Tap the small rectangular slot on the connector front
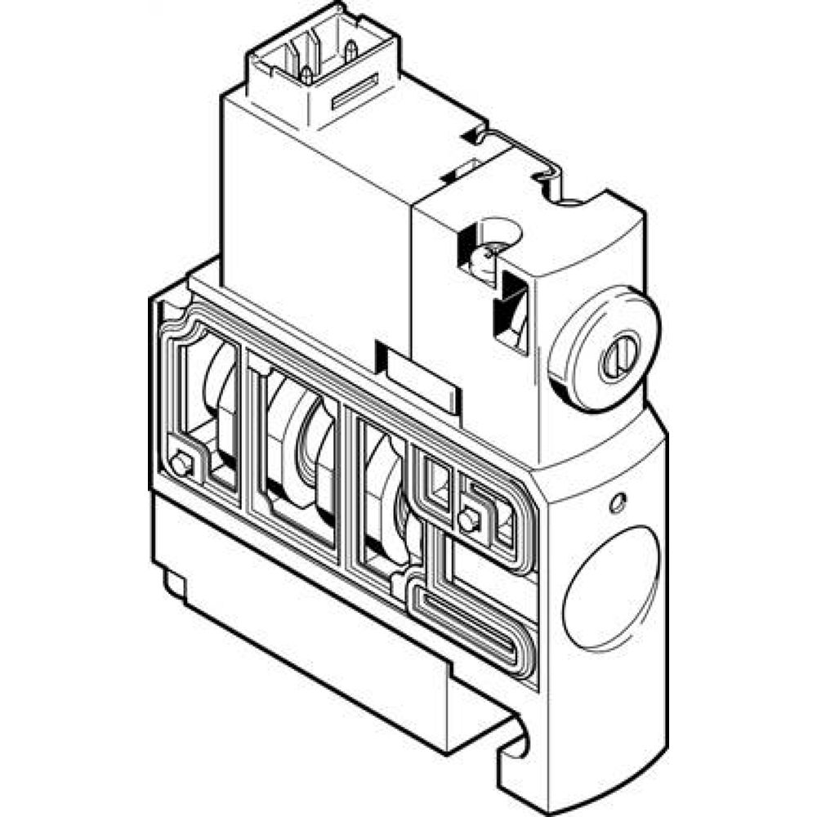[x=355, y=92]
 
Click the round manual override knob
[x=605, y=348]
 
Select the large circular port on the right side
[x=611, y=587]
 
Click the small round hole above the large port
[x=618, y=503]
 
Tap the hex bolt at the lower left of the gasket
[x=182, y=467]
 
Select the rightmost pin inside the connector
[x=350, y=51]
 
